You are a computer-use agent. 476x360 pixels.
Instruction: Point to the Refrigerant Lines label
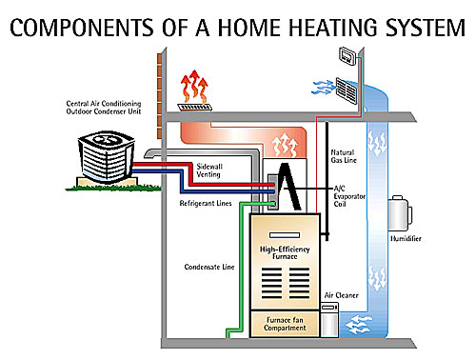click(204, 203)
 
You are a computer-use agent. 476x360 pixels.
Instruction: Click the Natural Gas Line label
click(344, 157)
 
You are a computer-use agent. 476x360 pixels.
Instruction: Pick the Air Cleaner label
click(341, 296)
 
